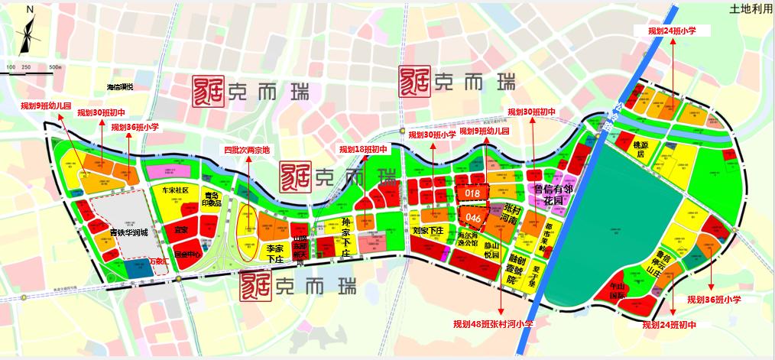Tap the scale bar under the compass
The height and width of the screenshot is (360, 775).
[34, 68]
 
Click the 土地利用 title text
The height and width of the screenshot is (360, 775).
[748, 9]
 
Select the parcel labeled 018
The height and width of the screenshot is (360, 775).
[472, 193]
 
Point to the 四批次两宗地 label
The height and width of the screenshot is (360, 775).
[246, 150]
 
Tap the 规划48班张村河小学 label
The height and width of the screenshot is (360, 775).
[492, 324]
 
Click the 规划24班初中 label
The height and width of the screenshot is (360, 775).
[670, 325]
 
